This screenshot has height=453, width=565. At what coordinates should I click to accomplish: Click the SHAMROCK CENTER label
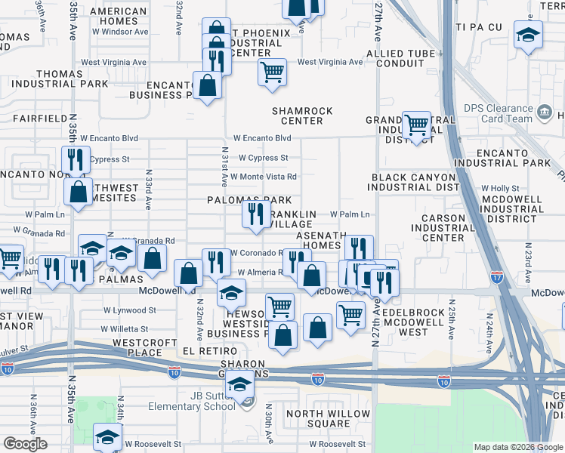point(302,116)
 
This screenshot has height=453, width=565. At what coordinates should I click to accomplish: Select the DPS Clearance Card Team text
point(498,113)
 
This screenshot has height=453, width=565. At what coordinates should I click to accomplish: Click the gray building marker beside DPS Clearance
point(544,115)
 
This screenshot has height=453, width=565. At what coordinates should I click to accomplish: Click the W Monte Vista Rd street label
point(263,177)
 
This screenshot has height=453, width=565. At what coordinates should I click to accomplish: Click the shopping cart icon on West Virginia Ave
point(272,73)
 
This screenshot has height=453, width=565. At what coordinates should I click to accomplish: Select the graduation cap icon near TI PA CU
point(528,34)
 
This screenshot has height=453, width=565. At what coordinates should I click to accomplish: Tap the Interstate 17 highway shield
point(496,278)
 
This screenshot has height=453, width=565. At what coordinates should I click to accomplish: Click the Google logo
point(25,444)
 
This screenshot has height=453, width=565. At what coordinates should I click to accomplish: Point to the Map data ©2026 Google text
point(517,447)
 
